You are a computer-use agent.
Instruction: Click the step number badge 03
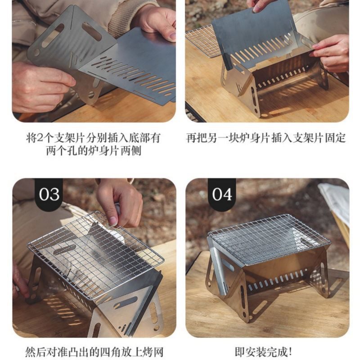(49, 194)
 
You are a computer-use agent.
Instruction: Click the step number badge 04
(222, 194)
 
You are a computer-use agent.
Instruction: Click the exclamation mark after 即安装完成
(291, 352)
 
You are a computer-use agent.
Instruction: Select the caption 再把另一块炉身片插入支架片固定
(265, 138)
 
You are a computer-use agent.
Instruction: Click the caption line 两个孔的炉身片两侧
(94, 151)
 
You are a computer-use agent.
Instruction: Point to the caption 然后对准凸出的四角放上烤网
(94, 352)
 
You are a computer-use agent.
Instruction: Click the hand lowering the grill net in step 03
(119, 202)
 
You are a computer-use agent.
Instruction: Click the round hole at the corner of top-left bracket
(37, 52)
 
